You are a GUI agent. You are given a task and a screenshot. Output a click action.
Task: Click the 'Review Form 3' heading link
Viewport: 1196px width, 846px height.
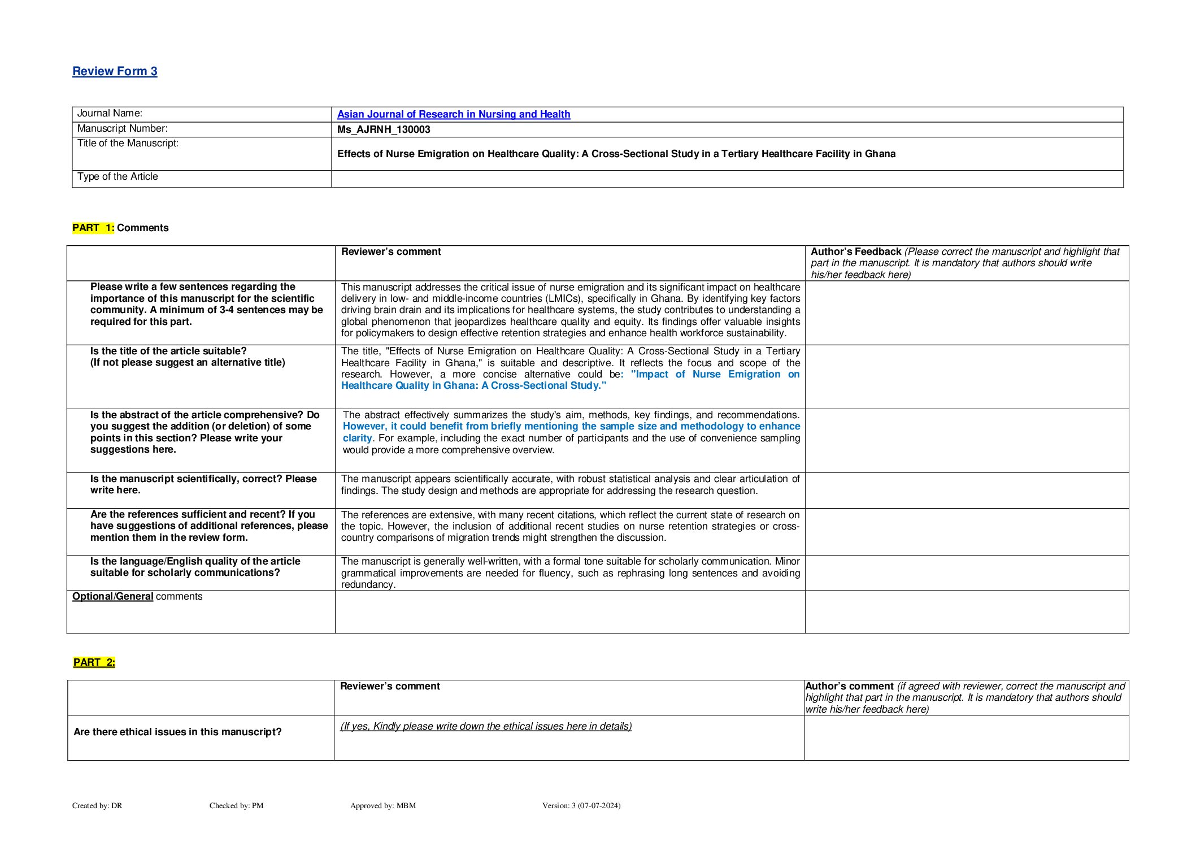[x=115, y=71]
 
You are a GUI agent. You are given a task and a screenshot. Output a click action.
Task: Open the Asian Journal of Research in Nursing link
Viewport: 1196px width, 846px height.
[x=453, y=114]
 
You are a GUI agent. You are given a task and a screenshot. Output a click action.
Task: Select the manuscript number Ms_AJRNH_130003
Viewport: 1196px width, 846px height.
[x=384, y=129]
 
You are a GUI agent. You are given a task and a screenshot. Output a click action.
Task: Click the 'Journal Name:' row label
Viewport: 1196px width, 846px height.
[x=110, y=114]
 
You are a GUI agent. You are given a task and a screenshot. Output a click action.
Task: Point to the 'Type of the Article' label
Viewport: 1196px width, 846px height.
[x=118, y=177]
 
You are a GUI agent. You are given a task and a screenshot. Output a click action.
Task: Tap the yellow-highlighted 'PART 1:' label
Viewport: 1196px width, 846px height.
[x=93, y=228]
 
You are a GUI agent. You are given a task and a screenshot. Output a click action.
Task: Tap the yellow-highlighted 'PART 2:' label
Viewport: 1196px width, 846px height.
[x=94, y=662]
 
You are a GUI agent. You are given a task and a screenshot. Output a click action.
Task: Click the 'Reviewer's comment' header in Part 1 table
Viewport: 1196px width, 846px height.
[x=391, y=252]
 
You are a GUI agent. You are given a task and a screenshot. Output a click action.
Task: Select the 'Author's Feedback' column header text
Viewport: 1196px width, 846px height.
[x=855, y=252]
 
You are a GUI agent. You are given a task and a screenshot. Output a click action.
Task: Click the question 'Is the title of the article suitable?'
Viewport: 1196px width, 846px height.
[x=168, y=352]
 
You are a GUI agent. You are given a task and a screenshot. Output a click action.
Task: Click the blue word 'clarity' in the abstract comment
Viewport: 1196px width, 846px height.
[x=357, y=439]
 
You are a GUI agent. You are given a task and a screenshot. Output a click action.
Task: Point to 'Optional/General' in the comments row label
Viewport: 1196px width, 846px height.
[x=112, y=597]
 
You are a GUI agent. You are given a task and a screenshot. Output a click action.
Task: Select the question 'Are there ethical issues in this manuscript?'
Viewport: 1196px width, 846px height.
[x=177, y=732]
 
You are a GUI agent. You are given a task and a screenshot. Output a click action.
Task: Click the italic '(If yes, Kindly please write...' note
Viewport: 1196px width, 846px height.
[x=486, y=727]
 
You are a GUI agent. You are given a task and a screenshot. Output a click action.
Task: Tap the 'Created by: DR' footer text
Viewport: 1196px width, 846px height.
[x=97, y=806]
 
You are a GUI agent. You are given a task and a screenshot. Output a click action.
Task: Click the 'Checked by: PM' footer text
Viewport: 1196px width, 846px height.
[x=236, y=806]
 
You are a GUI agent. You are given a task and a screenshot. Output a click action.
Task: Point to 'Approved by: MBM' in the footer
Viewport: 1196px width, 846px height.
[x=382, y=806]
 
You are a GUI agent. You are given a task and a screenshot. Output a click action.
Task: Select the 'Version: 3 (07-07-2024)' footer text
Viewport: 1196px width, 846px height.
[x=581, y=806]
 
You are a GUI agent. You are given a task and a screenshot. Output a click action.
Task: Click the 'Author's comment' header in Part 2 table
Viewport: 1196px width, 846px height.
[x=849, y=687]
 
